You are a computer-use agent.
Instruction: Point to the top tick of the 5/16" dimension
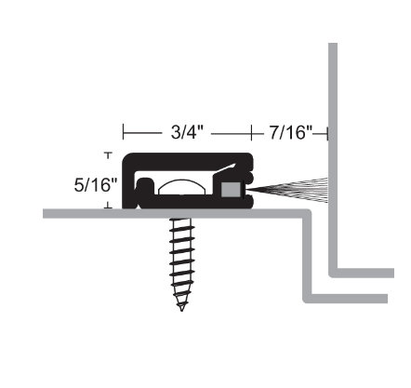tap(109, 154)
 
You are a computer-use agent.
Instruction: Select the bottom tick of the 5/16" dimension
tap(109, 207)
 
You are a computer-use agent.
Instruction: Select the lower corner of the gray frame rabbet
tap(308, 298)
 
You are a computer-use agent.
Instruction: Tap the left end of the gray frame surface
tap(46, 214)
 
